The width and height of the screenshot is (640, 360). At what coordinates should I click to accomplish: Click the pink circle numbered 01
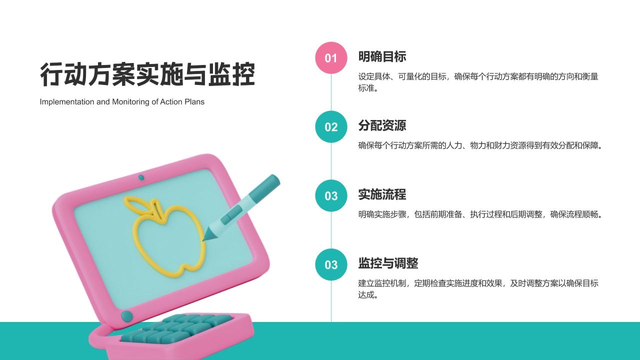(331, 58)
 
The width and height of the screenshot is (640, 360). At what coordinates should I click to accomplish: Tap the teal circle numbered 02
(331, 127)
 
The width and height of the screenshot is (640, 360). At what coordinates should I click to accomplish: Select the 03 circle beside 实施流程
(331, 196)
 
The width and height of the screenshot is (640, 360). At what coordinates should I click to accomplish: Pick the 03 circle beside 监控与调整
(331, 264)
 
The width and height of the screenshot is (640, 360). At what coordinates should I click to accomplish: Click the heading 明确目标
(382, 56)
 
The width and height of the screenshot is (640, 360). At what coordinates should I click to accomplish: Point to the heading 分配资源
(382, 125)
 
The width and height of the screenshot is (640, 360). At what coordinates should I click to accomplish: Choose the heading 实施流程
(382, 194)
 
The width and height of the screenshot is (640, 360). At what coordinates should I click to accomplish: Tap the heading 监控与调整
(388, 263)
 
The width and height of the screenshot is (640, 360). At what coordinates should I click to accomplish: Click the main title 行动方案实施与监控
(147, 75)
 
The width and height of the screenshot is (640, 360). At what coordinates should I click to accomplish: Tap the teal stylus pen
(245, 205)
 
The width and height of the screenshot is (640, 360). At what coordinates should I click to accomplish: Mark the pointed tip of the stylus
(204, 239)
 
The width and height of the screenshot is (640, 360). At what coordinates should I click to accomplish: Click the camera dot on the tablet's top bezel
(141, 177)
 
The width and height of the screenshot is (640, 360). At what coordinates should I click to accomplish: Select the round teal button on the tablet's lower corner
(127, 315)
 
